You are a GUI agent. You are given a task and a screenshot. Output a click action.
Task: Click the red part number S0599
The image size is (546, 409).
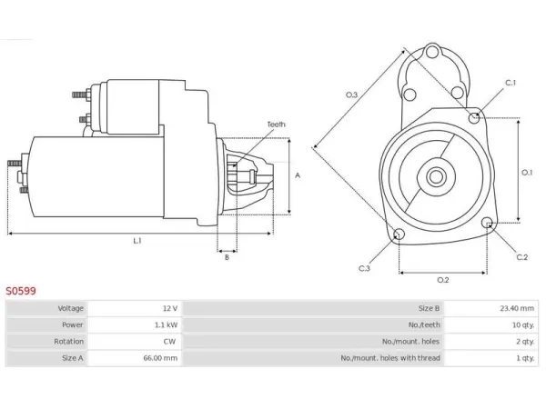(x=21, y=291)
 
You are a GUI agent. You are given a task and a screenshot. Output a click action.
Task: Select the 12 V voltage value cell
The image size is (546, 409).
(x=170, y=308)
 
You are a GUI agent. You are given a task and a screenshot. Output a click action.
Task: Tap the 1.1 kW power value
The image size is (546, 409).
(x=167, y=324)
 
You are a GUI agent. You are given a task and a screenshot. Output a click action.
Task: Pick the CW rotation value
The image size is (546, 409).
(x=169, y=342)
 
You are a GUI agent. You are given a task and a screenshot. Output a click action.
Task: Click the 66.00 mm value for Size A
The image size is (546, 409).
(x=160, y=358)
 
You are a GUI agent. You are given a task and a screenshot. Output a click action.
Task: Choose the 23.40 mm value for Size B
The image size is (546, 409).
(x=517, y=308)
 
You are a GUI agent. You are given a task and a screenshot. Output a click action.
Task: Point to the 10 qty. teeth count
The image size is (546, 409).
(x=523, y=324)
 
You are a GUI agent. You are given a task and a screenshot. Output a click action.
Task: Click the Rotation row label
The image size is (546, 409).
(x=68, y=342)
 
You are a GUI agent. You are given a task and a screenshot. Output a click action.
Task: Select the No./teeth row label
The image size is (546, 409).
(x=424, y=324)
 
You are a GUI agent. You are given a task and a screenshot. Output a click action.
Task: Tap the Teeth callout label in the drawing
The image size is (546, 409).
(x=276, y=125)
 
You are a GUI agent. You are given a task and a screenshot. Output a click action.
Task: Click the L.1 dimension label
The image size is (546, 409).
(x=137, y=240)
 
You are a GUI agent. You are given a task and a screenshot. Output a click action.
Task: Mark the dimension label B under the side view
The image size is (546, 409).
(x=227, y=257)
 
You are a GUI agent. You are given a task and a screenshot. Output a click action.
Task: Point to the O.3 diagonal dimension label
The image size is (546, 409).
(x=351, y=95)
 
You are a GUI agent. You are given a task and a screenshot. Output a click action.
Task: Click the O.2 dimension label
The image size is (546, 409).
(x=443, y=280)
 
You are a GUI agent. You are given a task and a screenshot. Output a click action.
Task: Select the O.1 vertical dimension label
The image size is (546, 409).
(x=527, y=172)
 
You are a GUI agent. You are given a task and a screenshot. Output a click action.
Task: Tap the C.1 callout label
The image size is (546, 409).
(x=511, y=83)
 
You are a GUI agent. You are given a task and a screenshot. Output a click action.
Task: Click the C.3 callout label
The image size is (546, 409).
(x=364, y=268)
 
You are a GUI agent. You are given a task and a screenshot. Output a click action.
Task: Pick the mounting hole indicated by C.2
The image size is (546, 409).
(x=488, y=223)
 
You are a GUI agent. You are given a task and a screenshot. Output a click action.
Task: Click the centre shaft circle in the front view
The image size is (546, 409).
(x=435, y=176)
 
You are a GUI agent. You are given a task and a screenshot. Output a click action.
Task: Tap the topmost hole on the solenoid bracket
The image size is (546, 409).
(x=432, y=53)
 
